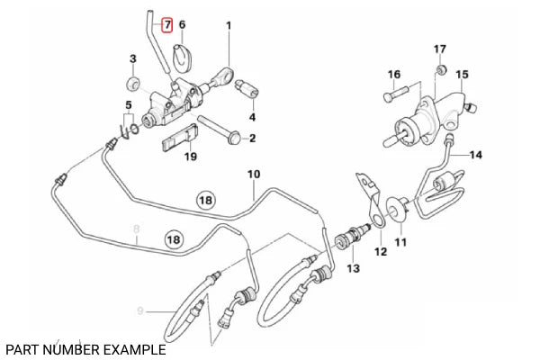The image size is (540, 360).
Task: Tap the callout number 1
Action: click(229, 24)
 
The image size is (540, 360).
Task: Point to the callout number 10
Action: click(253, 173)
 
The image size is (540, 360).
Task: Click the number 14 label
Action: click(476, 155)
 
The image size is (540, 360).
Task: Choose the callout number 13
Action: click(353, 268)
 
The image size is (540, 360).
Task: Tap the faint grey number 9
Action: click(140, 311)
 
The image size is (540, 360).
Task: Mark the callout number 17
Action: click(439, 48)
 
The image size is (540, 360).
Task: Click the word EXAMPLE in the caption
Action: click(132, 348)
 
